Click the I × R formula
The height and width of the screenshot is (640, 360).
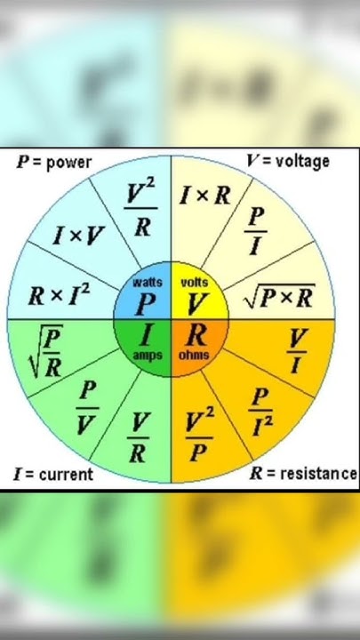[x=205, y=196]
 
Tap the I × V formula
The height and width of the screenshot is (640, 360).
[x=79, y=236]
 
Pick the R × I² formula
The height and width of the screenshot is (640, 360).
[x=60, y=296]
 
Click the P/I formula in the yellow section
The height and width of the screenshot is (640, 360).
[x=255, y=233]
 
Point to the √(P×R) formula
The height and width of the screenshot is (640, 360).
[x=280, y=298]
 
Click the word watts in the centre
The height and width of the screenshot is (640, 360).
[x=147, y=283]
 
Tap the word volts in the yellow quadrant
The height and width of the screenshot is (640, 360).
[x=194, y=283]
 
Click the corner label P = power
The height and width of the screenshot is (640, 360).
[x=53, y=163]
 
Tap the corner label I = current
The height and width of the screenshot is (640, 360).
[x=52, y=474]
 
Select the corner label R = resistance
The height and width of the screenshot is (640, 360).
[x=302, y=474]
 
